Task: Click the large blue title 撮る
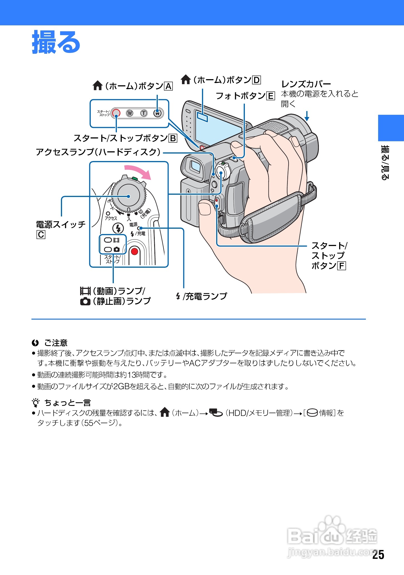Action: (x=56, y=42)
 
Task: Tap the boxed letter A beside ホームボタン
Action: (x=168, y=86)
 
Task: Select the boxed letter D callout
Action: (x=256, y=80)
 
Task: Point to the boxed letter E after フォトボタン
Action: (x=270, y=96)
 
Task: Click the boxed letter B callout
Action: (x=173, y=138)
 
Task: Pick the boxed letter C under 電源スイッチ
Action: (x=41, y=235)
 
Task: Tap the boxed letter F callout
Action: (x=341, y=266)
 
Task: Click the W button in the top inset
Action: (x=130, y=113)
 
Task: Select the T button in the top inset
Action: (x=144, y=113)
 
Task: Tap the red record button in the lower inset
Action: (x=134, y=252)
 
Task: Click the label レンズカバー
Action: (x=306, y=84)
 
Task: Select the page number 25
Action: (x=378, y=555)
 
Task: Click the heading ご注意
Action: (x=56, y=343)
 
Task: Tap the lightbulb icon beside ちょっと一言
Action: (x=36, y=403)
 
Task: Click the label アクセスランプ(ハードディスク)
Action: (x=98, y=152)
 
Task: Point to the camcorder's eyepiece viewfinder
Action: (x=195, y=167)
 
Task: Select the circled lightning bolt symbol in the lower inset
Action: (x=118, y=228)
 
